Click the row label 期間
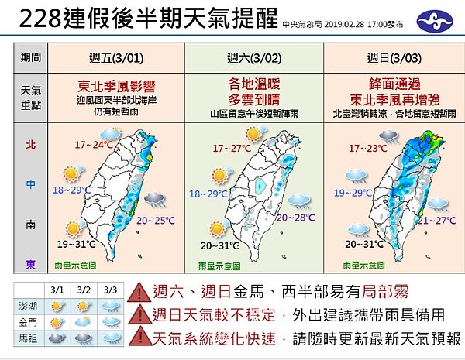(32, 57)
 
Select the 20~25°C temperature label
(153, 221)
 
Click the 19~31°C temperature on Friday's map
(75, 245)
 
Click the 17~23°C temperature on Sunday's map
(367, 147)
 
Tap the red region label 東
(30, 265)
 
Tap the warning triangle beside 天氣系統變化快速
(139, 338)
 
